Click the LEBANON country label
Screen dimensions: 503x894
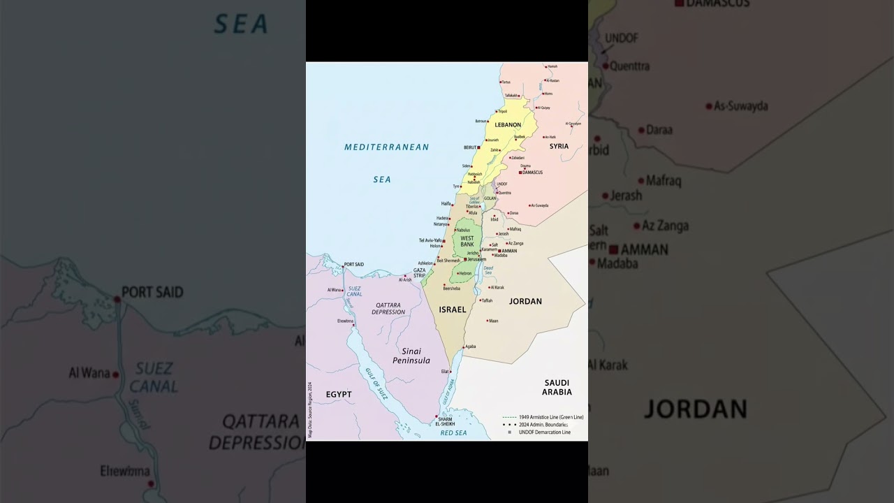coord(508,125)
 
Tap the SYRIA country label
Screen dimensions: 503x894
coord(559,147)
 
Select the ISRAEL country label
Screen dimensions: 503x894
coord(452,309)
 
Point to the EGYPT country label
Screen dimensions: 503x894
coord(339,395)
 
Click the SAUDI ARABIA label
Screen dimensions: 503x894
coord(557,388)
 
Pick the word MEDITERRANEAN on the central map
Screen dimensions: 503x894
coord(386,147)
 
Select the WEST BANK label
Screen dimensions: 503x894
coord(467,242)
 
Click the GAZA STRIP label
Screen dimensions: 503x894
coord(419,273)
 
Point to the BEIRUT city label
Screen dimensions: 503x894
coord(470,147)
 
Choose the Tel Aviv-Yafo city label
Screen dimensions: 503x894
coord(430,240)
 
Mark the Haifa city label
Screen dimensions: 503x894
coord(446,203)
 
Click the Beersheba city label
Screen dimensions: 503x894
coord(451,289)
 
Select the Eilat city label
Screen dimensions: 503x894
coord(445,372)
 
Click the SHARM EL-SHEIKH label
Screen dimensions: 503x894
coord(445,422)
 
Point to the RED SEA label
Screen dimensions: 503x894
coord(453,433)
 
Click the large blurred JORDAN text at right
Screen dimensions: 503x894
coord(695,409)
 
